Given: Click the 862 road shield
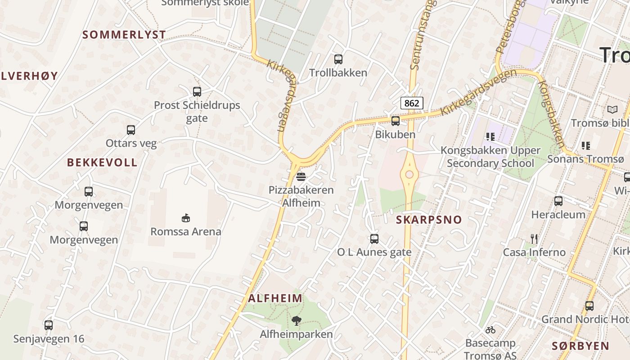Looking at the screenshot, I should click(411, 103).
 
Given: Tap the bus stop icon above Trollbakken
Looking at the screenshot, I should click(338, 59).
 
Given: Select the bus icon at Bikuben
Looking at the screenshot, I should click(396, 121).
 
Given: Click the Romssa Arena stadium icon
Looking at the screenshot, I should click(185, 218).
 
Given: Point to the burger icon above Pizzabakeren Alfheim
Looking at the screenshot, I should click(301, 176).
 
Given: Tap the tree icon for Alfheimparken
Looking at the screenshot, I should click(296, 321).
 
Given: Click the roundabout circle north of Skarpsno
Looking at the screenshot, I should click(409, 175).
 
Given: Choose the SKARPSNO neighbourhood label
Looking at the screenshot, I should click(429, 220).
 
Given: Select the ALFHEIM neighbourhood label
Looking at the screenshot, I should click(275, 298).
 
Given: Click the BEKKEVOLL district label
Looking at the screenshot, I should click(102, 162).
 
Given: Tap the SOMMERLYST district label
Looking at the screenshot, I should click(124, 35).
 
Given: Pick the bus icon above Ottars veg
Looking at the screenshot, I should click(131, 130).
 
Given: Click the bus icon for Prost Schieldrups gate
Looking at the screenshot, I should click(197, 92).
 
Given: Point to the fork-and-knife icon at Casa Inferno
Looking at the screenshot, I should click(534, 238).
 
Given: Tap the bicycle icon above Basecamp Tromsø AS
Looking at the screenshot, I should click(490, 330).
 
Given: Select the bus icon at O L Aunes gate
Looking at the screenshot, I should click(374, 239).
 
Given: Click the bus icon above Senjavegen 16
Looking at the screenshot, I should click(49, 325).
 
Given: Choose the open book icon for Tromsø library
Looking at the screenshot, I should click(612, 109).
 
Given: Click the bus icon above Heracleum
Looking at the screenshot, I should click(558, 201).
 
